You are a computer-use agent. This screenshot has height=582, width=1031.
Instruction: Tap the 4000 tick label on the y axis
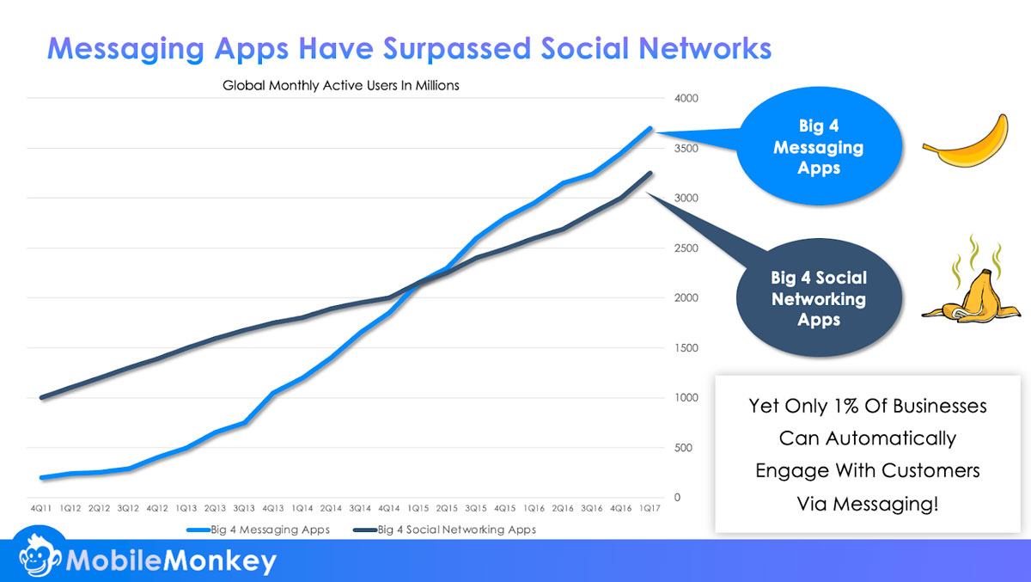click(674, 99)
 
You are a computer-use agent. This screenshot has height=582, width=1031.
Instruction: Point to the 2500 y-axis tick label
click(674, 248)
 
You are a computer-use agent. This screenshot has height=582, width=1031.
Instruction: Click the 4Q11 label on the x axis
click(41, 509)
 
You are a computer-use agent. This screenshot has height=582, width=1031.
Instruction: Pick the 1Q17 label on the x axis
click(650, 509)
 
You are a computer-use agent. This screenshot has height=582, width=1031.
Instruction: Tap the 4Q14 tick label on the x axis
click(389, 509)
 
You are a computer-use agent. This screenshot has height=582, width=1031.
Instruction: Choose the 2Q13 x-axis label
click(215, 509)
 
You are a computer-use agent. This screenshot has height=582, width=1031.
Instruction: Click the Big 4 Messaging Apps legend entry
click(258, 530)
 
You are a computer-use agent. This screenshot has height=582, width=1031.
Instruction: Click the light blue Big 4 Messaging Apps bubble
click(818, 148)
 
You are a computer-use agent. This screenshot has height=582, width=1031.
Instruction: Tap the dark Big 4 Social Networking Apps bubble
click(818, 298)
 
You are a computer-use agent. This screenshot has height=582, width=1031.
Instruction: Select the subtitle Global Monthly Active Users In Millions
click(341, 86)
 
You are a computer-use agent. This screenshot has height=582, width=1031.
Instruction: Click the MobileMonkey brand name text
click(172, 561)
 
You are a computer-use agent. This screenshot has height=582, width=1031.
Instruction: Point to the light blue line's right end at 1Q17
click(650, 129)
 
